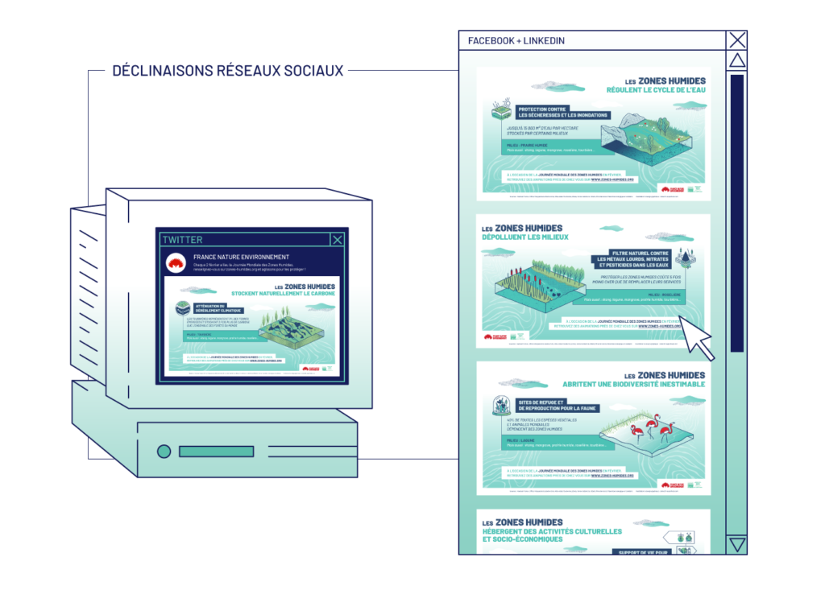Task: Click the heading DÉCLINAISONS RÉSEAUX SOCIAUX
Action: click(228, 71)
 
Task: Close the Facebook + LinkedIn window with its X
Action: click(737, 40)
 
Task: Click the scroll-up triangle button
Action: click(737, 61)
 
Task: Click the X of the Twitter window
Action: click(338, 239)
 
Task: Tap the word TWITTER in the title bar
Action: click(183, 240)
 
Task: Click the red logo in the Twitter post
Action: click(176, 263)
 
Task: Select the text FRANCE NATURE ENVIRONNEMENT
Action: click(241, 258)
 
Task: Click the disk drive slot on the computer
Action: click(216, 452)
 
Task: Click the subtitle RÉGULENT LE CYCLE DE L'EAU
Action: click(653, 91)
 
